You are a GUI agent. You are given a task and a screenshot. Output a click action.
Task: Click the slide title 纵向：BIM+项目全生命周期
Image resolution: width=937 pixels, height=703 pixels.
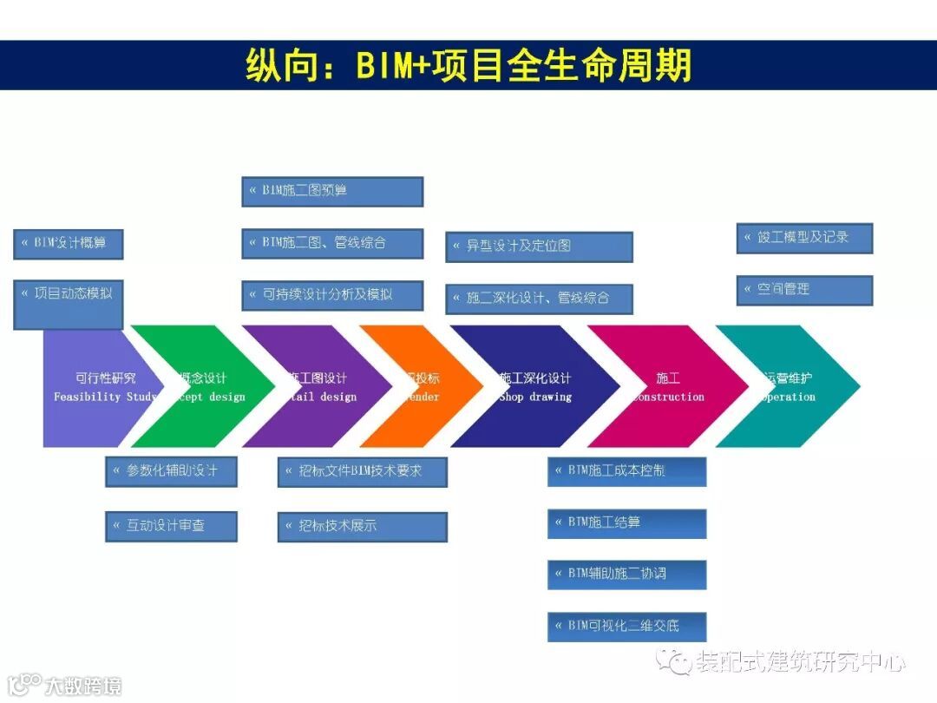[x=468, y=66]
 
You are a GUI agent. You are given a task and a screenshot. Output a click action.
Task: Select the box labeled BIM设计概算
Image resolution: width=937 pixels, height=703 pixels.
[x=69, y=244]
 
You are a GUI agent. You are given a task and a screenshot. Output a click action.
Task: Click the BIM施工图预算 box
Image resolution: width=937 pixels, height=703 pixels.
[x=332, y=192]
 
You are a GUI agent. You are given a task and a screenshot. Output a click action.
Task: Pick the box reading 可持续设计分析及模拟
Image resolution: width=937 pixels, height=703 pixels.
[x=332, y=295]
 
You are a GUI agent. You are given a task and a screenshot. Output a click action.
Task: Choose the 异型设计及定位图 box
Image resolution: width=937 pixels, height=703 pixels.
[x=539, y=246]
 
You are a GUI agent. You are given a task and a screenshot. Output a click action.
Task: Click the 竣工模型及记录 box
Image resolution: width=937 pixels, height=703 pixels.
[x=804, y=238]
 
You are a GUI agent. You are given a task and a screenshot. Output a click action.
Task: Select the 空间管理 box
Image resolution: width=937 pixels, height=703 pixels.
[x=804, y=290]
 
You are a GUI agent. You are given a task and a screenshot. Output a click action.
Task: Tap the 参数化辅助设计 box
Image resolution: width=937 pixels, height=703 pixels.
[x=171, y=471]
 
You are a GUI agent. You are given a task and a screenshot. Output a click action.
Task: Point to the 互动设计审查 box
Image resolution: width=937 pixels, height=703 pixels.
[x=171, y=526]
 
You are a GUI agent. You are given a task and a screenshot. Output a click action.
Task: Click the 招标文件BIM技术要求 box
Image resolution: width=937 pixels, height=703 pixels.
[x=363, y=471]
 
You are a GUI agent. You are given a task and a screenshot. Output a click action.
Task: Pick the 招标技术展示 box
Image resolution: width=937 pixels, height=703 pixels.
[x=363, y=526]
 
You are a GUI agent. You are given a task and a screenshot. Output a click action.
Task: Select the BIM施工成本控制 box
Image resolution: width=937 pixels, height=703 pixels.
[x=626, y=471]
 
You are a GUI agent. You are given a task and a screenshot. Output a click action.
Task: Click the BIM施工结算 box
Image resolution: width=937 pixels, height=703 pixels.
[x=626, y=523]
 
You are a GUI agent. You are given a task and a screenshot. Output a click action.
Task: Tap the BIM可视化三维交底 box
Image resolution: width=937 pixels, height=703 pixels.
[x=626, y=626]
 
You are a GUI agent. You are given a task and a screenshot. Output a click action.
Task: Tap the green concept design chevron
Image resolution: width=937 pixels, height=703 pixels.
[x=208, y=386]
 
